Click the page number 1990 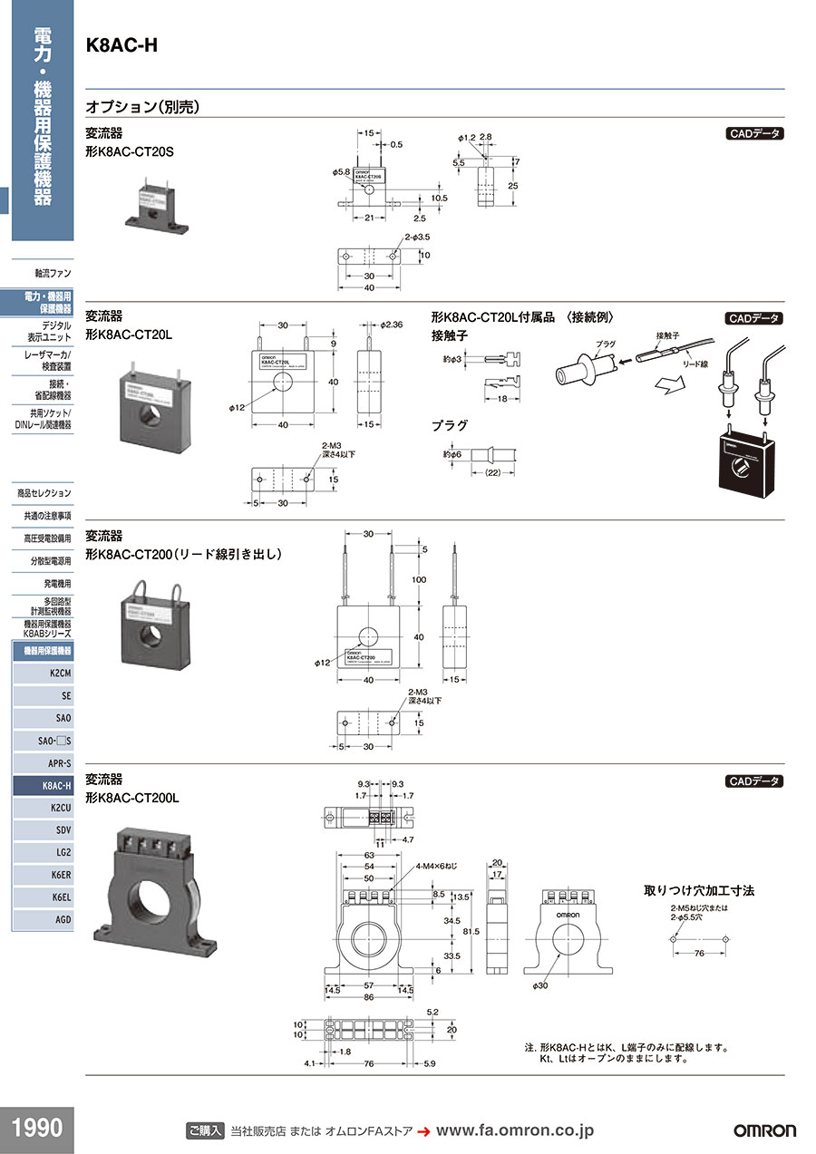tap(37, 1129)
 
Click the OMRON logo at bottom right tap(764, 1130)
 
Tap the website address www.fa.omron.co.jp tap(514, 1130)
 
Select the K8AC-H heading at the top tap(121, 45)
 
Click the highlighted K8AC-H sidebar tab tap(43, 785)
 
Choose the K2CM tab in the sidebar tap(43, 673)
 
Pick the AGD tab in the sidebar tap(43, 919)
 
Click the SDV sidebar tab tap(43, 829)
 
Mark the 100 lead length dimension tap(418, 578)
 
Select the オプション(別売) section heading tap(142, 106)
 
